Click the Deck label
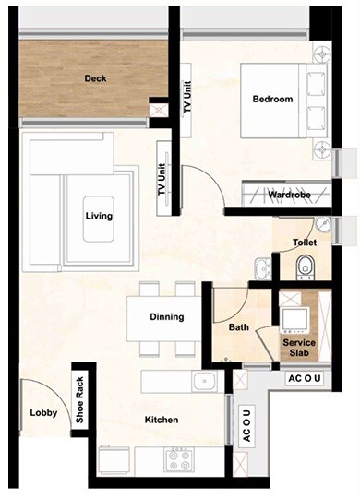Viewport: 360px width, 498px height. click(x=95, y=79)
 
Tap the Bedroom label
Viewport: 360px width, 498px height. click(x=272, y=100)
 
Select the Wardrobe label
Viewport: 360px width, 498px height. click(x=287, y=196)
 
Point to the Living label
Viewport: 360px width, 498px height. click(x=99, y=217)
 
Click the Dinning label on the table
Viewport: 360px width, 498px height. click(x=167, y=317)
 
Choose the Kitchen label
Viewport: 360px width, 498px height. click(x=162, y=421)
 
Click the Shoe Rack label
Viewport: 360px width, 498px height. click(x=80, y=403)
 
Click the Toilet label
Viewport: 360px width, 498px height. click(x=306, y=243)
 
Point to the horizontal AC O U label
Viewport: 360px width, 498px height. click(x=306, y=378)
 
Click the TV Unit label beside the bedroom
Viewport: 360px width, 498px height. click(x=187, y=96)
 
